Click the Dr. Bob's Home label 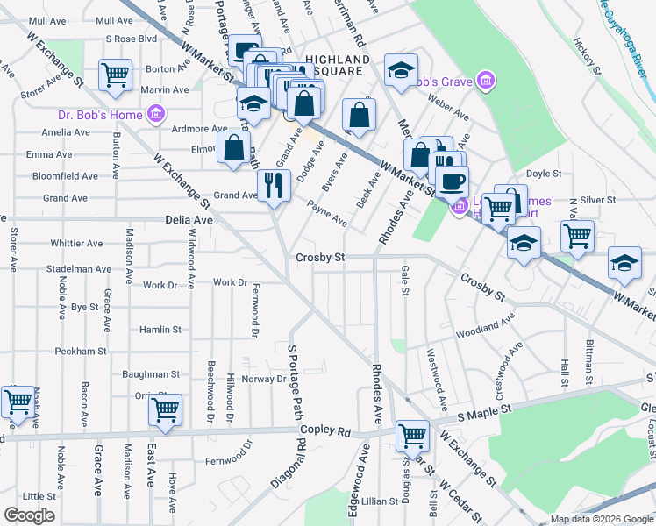(99, 113)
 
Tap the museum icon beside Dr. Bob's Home (157, 113)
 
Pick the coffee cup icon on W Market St (452, 181)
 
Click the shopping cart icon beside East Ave (165, 409)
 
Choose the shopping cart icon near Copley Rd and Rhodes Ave (412, 434)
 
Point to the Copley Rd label (324, 431)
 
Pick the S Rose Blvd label (131, 39)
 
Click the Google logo (30, 515)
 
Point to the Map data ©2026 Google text (601, 519)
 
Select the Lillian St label (379, 501)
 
